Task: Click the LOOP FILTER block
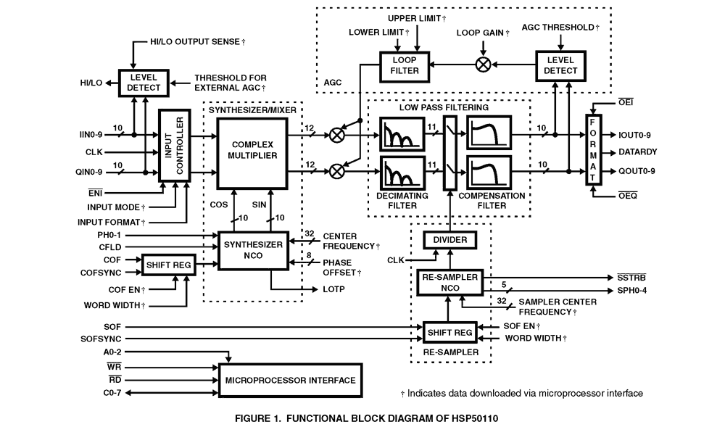[x=405, y=65]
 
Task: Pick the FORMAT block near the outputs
[x=593, y=151]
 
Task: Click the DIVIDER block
[x=449, y=239]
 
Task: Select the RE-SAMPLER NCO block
[x=449, y=282]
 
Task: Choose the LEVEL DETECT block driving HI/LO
[x=143, y=83]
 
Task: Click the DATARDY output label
[x=638, y=152]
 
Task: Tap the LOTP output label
[x=334, y=290]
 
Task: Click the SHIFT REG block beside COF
[x=168, y=265]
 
